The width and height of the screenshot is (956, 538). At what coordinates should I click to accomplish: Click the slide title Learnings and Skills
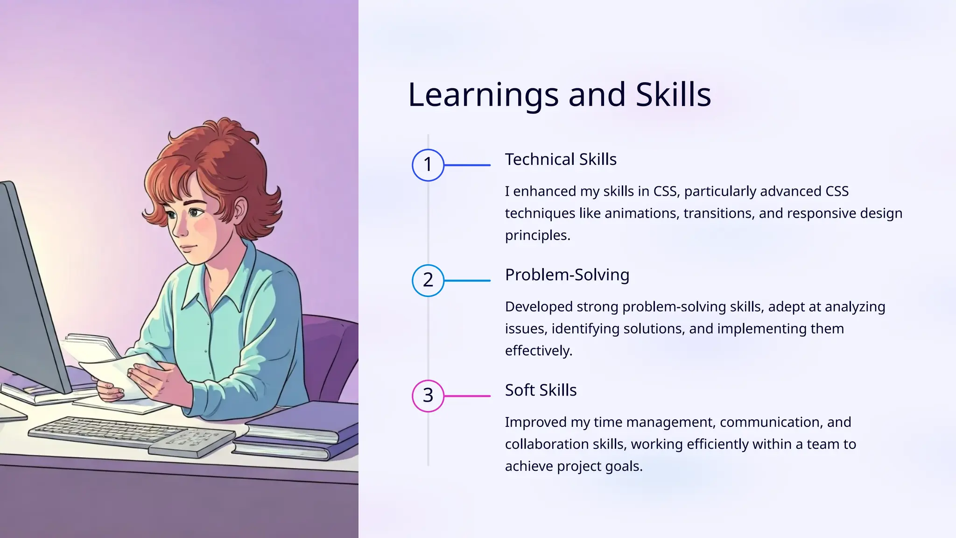point(559,95)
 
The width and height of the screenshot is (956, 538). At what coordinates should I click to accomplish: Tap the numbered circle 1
point(428,165)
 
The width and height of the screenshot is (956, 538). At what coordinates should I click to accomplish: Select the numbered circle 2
point(428,280)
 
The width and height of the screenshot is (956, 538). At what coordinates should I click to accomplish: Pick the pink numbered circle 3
point(428,396)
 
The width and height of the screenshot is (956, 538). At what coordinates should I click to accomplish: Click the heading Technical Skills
point(561,160)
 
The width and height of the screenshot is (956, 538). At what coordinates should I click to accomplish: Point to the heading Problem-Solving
point(567,275)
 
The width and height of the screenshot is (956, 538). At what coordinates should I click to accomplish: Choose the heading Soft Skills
point(541,390)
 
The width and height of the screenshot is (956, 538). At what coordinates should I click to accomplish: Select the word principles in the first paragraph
point(537,235)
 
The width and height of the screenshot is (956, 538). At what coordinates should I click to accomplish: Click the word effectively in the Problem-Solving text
point(538,351)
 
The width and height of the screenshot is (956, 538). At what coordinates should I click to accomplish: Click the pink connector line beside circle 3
point(467,396)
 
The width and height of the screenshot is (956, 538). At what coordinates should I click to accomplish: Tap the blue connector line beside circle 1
point(467,165)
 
